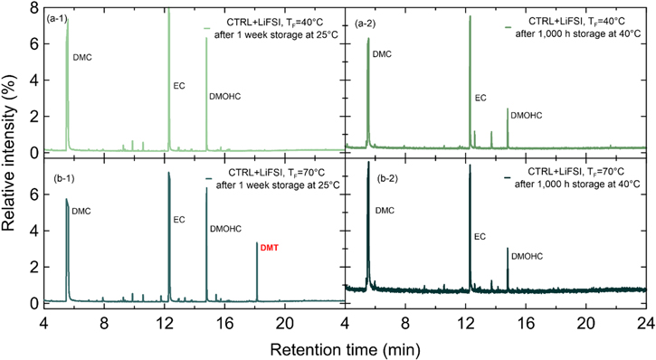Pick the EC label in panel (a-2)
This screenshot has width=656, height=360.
480,97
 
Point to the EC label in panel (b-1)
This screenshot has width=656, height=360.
179,219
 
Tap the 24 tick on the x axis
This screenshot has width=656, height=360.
645,323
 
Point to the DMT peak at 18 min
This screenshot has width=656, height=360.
257,242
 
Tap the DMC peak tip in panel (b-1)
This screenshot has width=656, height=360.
66,200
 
